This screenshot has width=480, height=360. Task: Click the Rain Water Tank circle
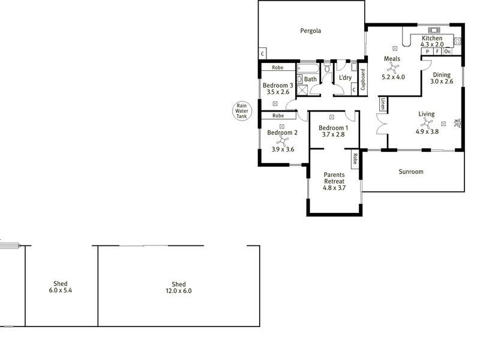(x=242, y=111)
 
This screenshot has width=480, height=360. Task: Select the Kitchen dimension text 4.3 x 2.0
(x=431, y=44)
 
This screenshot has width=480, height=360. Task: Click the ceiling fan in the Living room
(x=426, y=124)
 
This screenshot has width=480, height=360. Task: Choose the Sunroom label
(x=411, y=172)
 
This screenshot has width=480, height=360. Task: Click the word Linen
(x=382, y=104)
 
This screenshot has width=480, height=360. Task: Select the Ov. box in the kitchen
(x=447, y=52)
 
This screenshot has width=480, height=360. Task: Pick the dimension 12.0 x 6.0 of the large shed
(x=178, y=291)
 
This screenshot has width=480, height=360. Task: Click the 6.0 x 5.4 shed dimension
(x=60, y=290)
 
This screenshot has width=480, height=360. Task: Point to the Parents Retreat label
(x=334, y=178)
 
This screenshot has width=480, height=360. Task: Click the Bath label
(x=310, y=79)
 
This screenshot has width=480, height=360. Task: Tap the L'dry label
(x=345, y=79)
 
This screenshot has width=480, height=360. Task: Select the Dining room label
(x=443, y=74)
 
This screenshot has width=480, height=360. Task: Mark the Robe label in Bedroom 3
(x=277, y=68)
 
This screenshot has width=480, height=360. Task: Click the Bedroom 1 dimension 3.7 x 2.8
(x=333, y=134)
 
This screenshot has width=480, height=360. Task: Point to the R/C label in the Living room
(x=457, y=122)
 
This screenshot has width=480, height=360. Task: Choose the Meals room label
(x=392, y=59)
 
